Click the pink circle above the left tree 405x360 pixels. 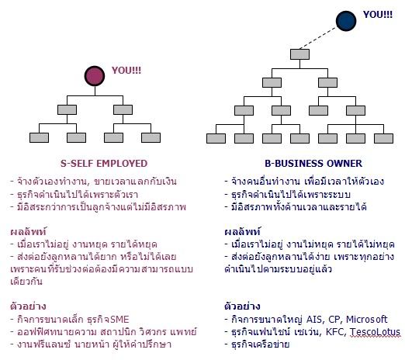(x=95, y=76)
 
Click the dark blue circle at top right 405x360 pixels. (x=346, y=21)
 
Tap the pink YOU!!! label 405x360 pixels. (x=126, y=71)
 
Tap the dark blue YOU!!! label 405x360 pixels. (x=378, y=15)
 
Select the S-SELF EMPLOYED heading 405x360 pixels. (x=104, y=164)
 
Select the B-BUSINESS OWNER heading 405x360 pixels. (x=313, y=164)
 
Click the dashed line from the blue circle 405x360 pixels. (x=319, y=38)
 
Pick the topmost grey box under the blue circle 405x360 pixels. (x=299, y=54)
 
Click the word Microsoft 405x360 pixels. (x=366, y=320)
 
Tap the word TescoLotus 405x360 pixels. (x=375, y=332)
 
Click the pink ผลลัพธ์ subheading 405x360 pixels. (x=28, y=231)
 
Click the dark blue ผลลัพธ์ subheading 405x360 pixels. (x=242, y=231)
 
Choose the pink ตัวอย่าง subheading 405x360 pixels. (x=28, y=306)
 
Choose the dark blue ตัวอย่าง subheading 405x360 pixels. (x=242, y=306)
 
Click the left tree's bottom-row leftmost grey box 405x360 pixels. (x=39, y=138)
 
